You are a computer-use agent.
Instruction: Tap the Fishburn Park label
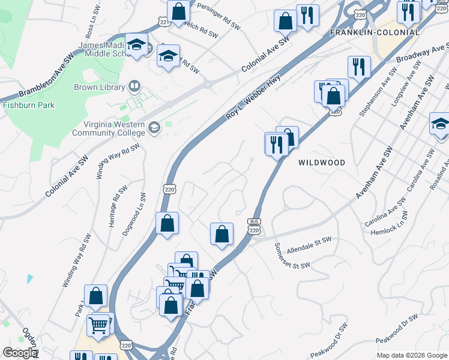tap(29, 105)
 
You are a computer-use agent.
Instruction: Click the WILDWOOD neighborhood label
tap(322, 163)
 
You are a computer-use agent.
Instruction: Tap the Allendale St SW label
tap(309, 244)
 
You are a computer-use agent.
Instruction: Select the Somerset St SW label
tap(292, 256)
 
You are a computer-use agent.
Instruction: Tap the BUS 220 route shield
tap(253, 226)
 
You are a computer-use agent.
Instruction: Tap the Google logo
tap(19, 353)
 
